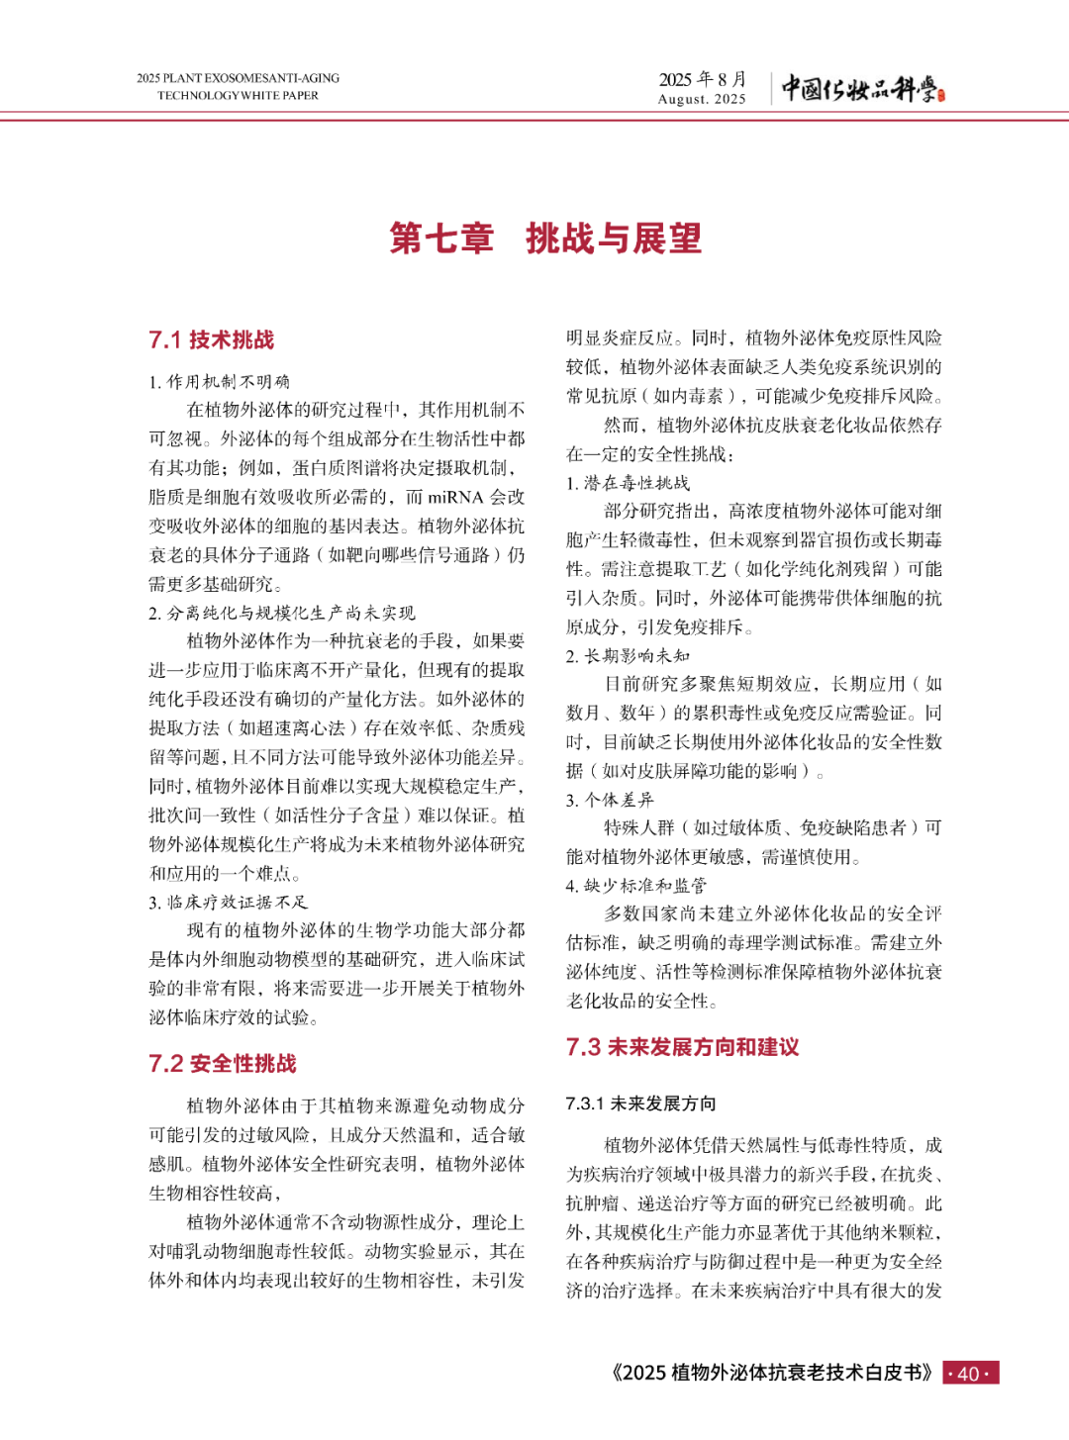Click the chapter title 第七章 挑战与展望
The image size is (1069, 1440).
[x=545, y=239]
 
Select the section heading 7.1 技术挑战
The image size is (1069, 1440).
[x=212, y=340]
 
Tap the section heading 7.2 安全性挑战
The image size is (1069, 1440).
[x=223, y=1064]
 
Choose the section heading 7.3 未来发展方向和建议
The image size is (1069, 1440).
[x=682, y=1047]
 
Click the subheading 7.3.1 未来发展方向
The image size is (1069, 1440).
[x=640, y=1104]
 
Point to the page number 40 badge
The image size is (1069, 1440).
[x=970, y=1373]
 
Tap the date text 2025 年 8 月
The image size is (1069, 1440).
[x=703, y=79]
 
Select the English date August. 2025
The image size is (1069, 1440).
[x=702, y=99]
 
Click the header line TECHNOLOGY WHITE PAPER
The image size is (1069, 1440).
[x=238, y=96]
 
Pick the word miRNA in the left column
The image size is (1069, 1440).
[x=455, y=497]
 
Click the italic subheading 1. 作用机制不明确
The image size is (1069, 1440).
[x=219, y=382]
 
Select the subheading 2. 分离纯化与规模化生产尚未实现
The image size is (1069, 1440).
[x=282, y=613]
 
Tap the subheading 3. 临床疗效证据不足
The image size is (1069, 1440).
[x=229, y=902]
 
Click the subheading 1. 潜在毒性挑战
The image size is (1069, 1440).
[x=628, y=483]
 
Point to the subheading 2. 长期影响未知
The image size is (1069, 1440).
[x=628, y=655]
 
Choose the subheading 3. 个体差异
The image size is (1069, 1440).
[x=610, y=800]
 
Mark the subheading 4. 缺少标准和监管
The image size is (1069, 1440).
[x=635, y=886]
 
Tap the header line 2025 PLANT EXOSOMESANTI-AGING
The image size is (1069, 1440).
[x=238, y=78]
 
